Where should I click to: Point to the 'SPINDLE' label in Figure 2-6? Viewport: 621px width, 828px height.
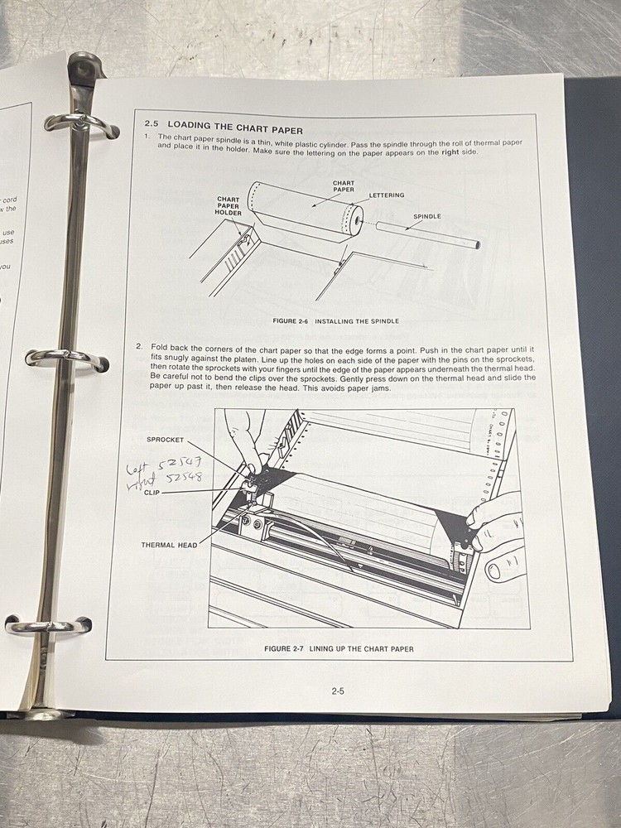pyautogui.click(x=427, y=216)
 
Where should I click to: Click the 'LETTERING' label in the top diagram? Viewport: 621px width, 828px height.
pyautogui.click(x=387, y=195)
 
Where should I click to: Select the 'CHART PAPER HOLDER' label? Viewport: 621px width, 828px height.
pyautogui.click(x=229, y=206)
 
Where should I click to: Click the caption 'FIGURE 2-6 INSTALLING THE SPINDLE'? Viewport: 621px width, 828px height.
pyautogui.click(x=335, y=320)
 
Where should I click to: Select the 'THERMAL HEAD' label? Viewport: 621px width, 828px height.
pyautogui.click(x=170, y=545)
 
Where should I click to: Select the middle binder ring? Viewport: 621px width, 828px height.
pyautogui.click(x=66, y=357)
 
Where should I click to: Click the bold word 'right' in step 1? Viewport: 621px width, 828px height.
pyautogui.click(x=451, y=153)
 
